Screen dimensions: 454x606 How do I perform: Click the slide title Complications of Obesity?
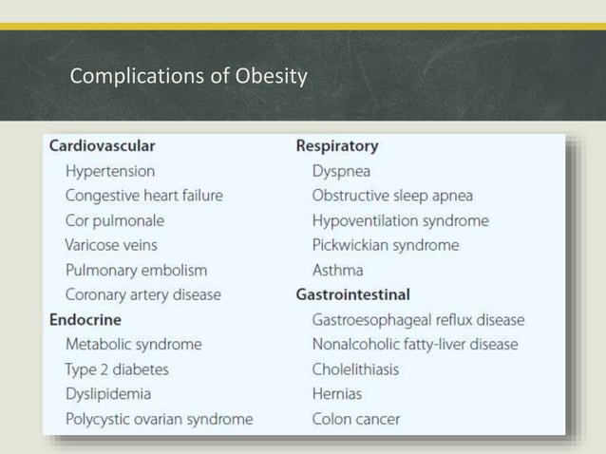[189, 76]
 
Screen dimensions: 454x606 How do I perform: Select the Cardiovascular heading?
[102, 146]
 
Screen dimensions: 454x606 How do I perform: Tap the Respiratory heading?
[337, 146]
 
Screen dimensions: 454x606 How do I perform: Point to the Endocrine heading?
[85, 319]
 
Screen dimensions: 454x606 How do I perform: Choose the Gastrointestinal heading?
[353, 294]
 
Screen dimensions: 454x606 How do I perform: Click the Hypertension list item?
[110, 171]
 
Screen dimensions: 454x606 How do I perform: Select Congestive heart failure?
[144, 196]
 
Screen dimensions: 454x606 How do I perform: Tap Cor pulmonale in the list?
[115, 220]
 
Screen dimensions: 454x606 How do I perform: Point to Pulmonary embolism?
[136, 270]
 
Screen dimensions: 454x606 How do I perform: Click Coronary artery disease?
[142, 294]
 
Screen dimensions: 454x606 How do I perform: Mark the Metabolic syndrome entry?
[133, 344]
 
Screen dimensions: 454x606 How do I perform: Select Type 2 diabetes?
[117, 369]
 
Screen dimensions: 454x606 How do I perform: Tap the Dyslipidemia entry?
[108, 393]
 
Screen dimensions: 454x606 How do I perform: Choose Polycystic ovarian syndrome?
[159, 418]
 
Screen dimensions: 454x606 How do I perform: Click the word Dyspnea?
[342, 171]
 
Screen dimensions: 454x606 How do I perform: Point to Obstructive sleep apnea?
[392, 196]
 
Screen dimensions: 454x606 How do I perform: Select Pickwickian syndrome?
[386, 245]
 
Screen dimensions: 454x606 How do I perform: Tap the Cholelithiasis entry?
[356, 369]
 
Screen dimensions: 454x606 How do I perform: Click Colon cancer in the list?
[356, 418]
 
